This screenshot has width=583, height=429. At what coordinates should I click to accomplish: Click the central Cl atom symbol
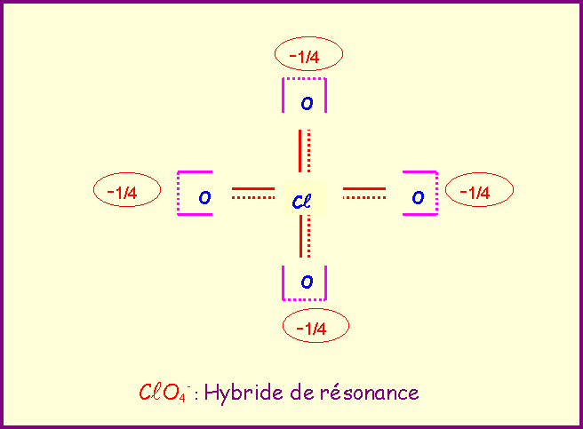[x=301, y=201]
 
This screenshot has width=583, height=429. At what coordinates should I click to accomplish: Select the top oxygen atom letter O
[x=307, y=103]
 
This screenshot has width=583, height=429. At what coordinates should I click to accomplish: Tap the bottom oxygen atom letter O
[x=307, y=282]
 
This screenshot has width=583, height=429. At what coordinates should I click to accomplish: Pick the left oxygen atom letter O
[x=204, y=197]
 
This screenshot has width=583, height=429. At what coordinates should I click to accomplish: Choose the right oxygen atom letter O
[x=418, y=197]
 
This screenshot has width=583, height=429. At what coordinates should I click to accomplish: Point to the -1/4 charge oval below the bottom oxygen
[x=315, y=328]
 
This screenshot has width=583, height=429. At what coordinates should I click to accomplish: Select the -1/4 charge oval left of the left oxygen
[x=126, y=191]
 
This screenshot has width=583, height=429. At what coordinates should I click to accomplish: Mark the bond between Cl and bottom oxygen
[x=304, y=237]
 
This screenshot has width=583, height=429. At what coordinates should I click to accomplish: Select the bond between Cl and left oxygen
[x=253, y=193]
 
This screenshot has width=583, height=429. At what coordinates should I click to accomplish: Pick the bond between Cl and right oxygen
[x=364, y=193]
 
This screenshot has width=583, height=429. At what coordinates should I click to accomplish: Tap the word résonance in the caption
[x=373, y=392]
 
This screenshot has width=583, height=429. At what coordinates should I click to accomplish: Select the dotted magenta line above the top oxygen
[x=305, y=79]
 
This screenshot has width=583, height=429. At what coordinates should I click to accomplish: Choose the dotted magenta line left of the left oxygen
[x=179, y=193]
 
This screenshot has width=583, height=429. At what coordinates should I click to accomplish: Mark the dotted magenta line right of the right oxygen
[x=436, y=193]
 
